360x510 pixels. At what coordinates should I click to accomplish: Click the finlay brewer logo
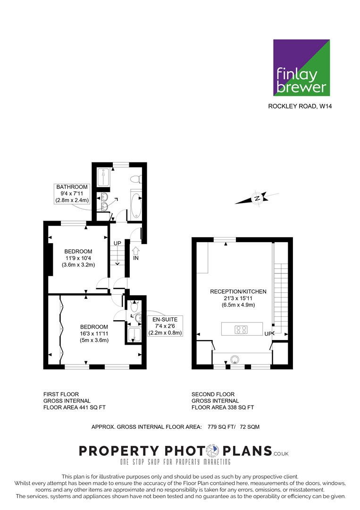coord(301,68)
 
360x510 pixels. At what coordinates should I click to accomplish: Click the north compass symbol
coord(257,198)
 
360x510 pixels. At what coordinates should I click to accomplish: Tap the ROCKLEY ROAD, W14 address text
coord(300,106)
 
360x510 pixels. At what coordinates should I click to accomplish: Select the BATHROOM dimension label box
coord(72,194)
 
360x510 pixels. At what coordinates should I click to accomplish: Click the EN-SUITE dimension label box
coord(165,326)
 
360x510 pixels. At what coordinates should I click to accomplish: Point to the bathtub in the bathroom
coord(136,206)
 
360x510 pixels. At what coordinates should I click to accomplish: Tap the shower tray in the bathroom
coord(104,177)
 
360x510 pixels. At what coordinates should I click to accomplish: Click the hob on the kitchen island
coord(241,330)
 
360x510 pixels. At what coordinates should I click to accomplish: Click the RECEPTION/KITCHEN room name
coord(238,291)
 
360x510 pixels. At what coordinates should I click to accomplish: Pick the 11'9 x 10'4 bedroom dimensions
coord(78,258)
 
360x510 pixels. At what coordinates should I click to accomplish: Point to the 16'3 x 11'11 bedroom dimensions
coord(94,333)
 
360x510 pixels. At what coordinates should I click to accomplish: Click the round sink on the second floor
coord(234,359)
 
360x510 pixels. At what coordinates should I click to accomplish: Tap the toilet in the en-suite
coord(134,306)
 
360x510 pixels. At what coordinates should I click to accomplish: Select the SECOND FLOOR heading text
coord(213,394)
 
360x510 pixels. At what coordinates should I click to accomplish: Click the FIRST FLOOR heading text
coord(61,394)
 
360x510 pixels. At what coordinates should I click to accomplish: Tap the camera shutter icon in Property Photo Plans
coord(213,451)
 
